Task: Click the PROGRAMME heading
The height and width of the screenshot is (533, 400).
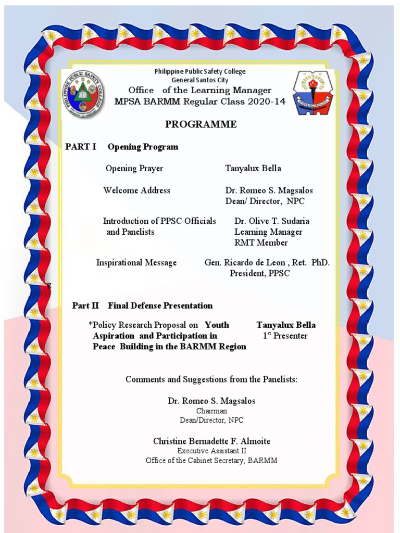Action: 201,124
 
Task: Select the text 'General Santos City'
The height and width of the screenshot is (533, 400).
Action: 200,80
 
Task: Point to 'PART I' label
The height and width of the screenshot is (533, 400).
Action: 81,147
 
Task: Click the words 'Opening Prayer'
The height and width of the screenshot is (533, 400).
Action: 134,168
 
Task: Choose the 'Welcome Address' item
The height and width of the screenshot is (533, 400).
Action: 136,190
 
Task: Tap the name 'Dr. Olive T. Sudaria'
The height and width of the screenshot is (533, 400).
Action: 272,221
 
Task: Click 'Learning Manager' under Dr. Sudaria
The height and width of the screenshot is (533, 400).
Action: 268,232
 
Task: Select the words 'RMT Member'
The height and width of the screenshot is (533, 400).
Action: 261,243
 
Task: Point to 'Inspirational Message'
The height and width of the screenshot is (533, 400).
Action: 136,262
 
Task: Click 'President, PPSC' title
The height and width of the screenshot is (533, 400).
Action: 260,273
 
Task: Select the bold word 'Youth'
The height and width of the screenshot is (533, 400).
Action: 217,325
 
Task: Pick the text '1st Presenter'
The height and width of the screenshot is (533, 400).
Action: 285,336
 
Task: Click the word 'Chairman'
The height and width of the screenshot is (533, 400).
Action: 211,411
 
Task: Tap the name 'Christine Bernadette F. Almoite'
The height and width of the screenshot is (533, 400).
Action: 211,441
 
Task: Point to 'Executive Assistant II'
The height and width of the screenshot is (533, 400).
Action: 211,451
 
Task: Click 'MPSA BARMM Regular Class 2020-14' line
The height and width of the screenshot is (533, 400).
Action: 200,101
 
